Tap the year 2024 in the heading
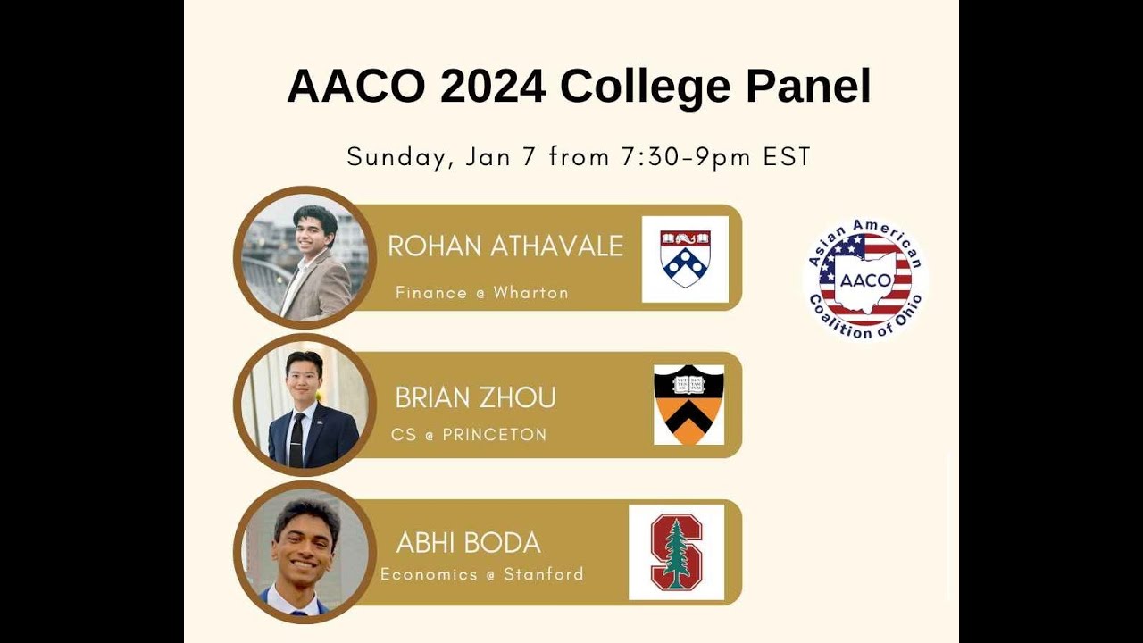coord(492,87)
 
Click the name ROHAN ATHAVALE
coord(505,246)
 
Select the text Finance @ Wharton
coord(481,293)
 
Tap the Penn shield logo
coord(685,259)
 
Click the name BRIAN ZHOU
coord(475,397)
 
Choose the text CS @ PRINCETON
coord(469,436)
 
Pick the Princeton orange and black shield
coord(688,405)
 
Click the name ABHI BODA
coord(468,543)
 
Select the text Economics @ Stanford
coord(482,574)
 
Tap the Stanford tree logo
coord(676,552)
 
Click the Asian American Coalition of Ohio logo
coord(864,280)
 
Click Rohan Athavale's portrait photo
coord(305,258)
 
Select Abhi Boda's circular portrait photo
coord(305,552)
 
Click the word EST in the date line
coord(787,157)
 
